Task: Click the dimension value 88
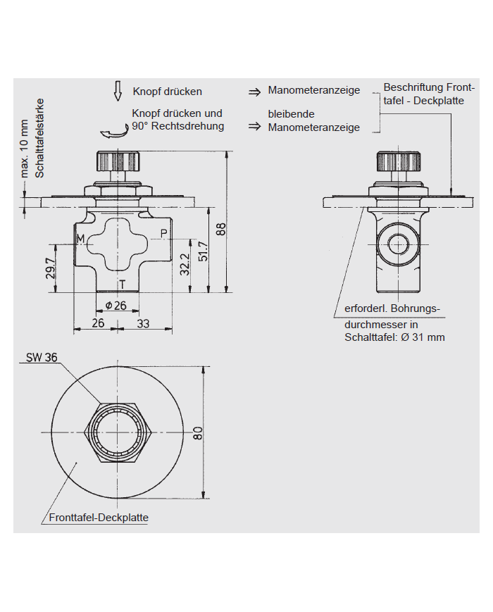click(220, 229)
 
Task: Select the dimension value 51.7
click(203, 251)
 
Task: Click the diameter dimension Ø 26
click(115, 306)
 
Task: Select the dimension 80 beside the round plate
click(198, 432)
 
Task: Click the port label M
click(80, 239)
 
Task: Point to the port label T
click(122, 284)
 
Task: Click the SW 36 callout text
click(42, 357)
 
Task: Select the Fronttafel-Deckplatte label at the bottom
click(99, 518)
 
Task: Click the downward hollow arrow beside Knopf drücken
click(118, 91)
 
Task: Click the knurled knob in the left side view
click(117, 161)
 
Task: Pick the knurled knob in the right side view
click(398, 162)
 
